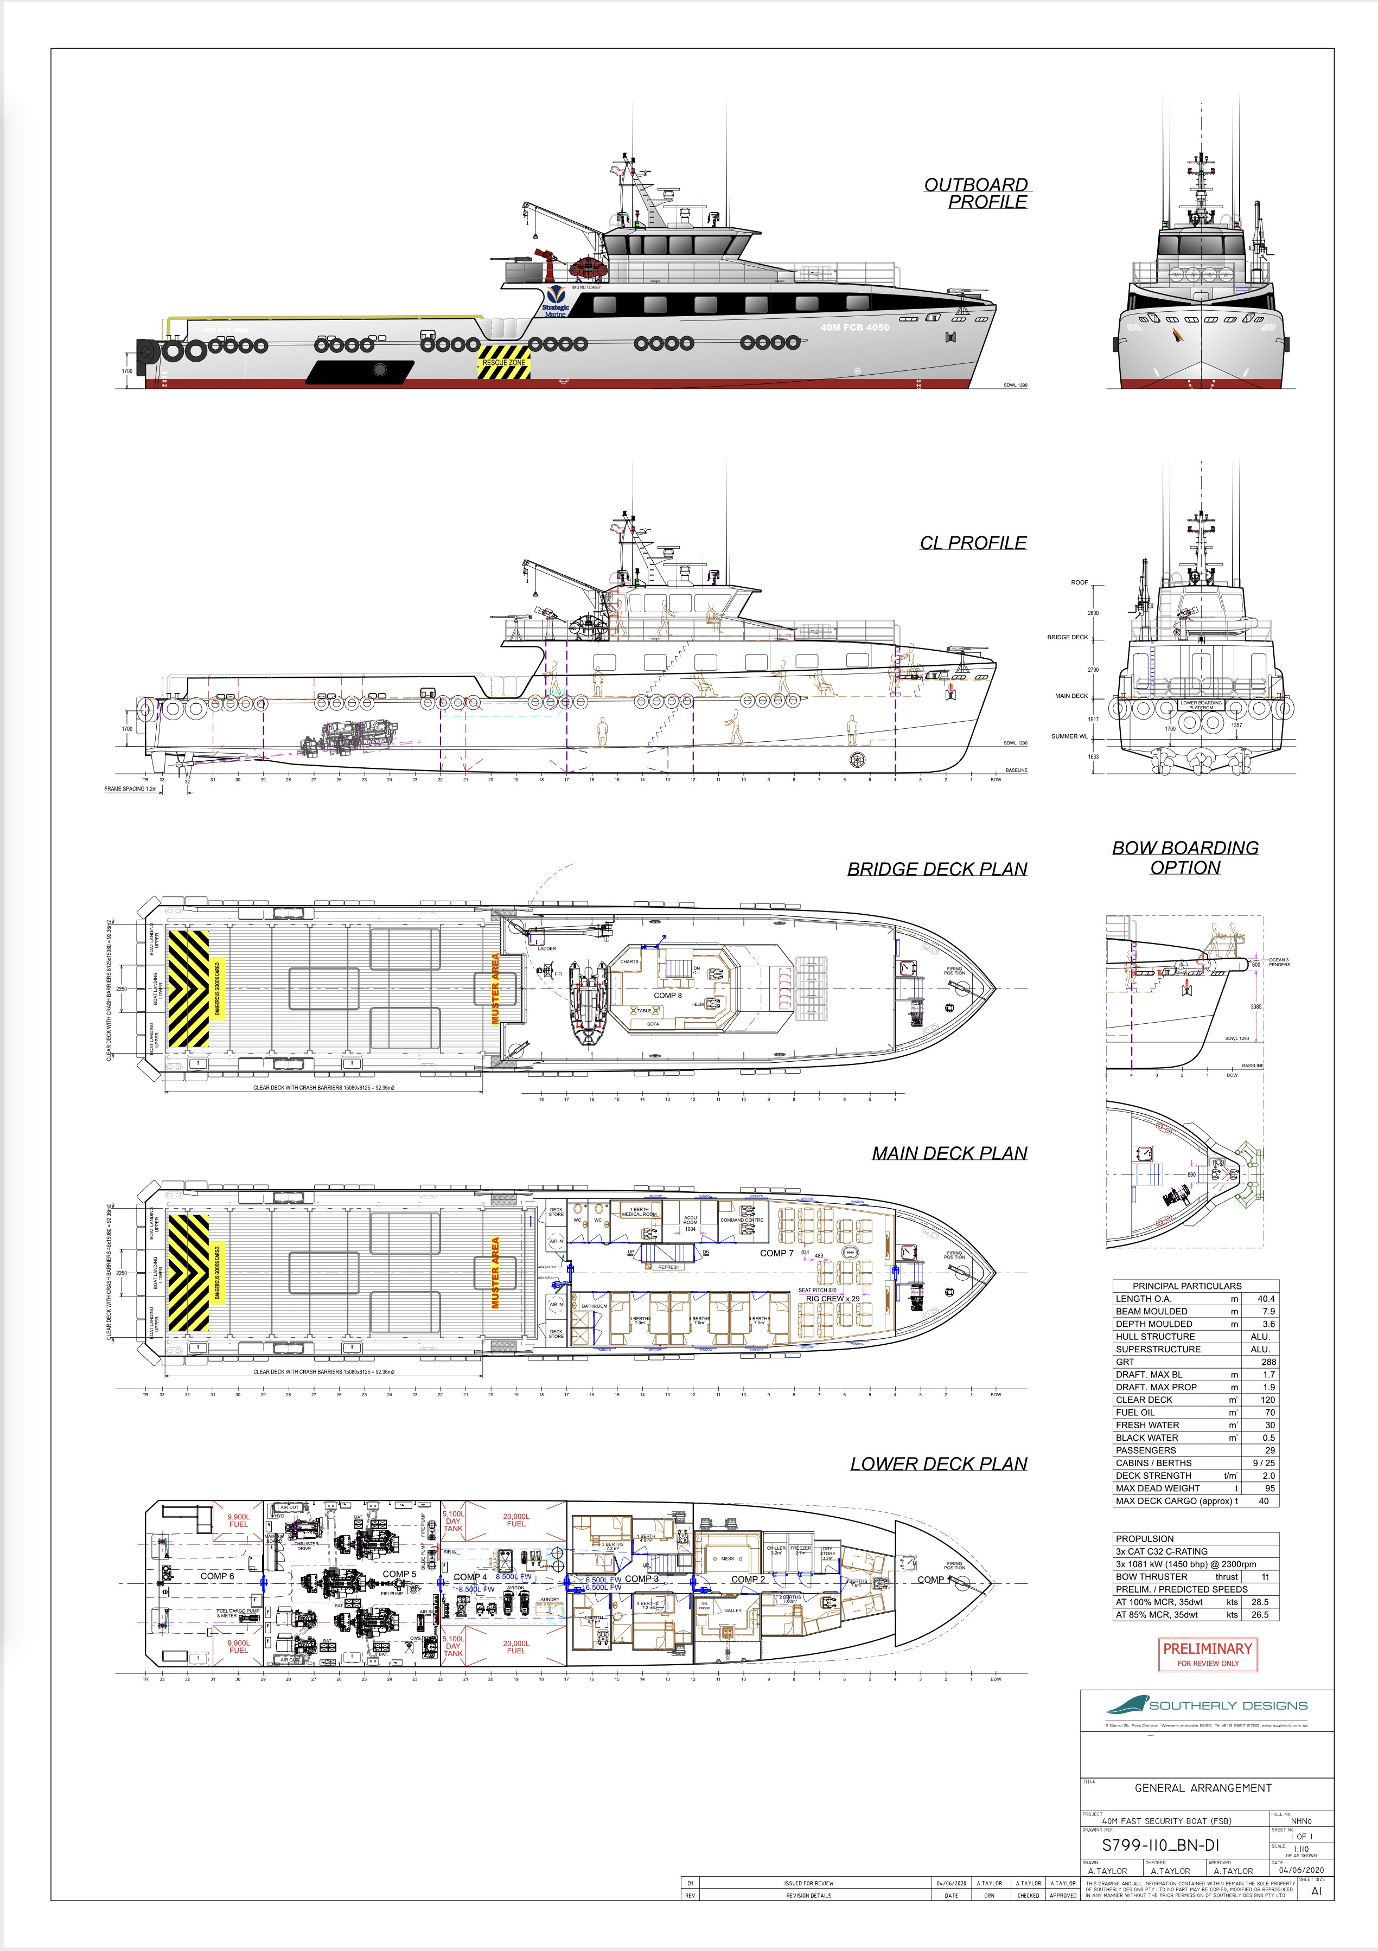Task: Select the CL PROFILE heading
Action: [x=973, y=543]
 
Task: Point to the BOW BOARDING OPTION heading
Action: [x=1185, y=857]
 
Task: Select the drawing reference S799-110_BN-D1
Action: [x=1160, y=1845]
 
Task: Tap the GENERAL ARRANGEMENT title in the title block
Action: [x=1203, y=1788]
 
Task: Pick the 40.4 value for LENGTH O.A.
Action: [x=1265, y=1298]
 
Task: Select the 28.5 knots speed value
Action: [x=1260, y=1602]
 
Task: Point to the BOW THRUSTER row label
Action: [x=1151, y=1576]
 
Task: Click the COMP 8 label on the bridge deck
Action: [x=667, y=995]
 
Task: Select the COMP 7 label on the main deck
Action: [x=776, y=1253]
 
